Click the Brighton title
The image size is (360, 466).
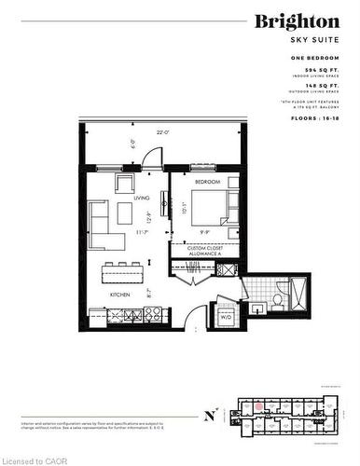298,21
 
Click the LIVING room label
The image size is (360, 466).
141,198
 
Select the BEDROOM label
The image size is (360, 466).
206,181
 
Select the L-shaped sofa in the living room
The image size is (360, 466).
104,226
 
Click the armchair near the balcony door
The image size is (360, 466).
124,183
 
